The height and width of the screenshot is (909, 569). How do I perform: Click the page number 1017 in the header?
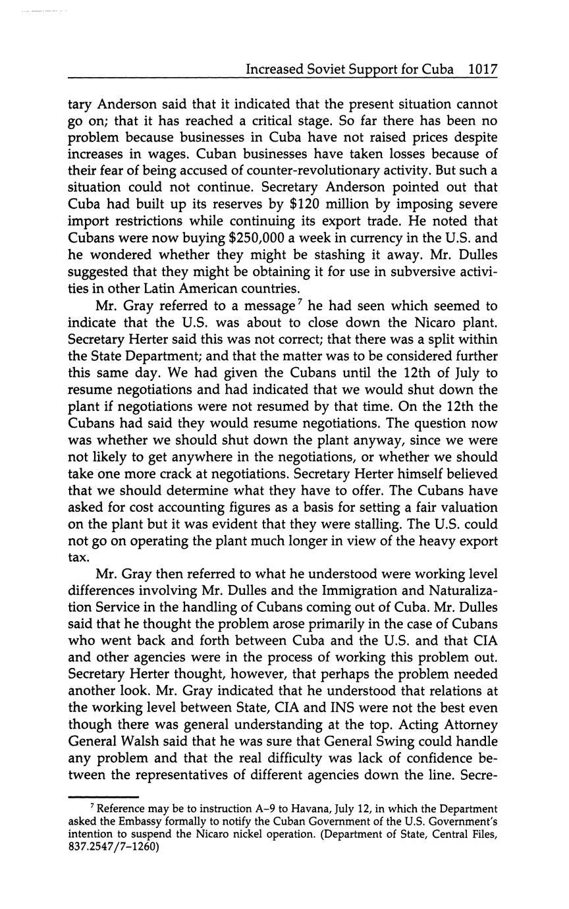(482, 69)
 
